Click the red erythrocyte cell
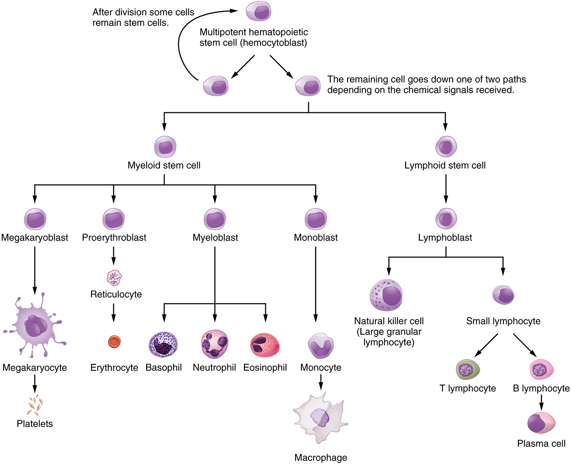point(114,341)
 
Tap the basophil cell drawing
point(163,344)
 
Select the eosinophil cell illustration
point(265,345)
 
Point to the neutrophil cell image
point(214,344)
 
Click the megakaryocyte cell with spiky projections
point(35,325)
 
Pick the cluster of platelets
point(35,405)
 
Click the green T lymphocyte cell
point(468,369)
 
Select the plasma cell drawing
point(541,423)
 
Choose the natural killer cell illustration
point(386,295)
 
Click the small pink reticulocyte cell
point(114,277)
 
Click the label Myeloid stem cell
point(164,165)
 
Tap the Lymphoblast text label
point(445,238)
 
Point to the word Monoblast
point(316,238)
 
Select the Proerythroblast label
point(114,238)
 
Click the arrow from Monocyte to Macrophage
point(321,380)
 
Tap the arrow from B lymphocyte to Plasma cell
point(541,402)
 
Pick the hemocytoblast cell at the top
point(259,11)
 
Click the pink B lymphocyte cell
point(541,369)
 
